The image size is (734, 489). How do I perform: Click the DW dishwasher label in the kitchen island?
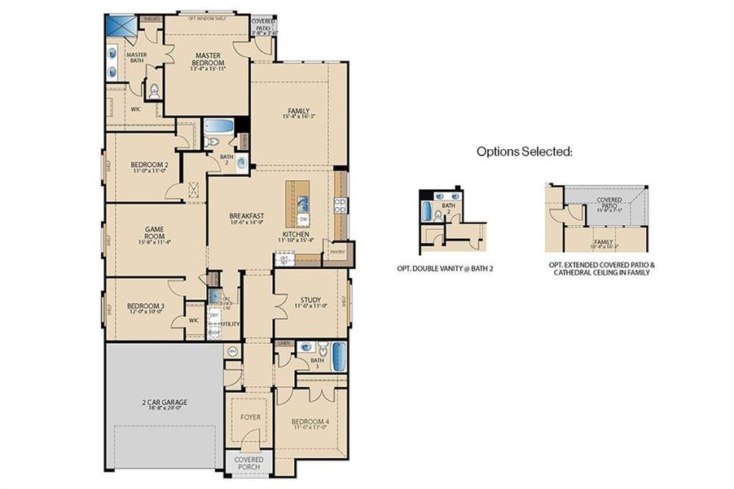[x=303, y=219]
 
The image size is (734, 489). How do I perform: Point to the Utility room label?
[x=230, y=324]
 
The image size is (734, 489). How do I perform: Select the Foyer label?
[x=249, y=416]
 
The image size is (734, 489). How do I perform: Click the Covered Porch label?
[x=249, y=463]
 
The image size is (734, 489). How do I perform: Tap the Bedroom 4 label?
[x=311, y=421]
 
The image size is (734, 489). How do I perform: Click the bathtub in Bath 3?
[x=339, y=355]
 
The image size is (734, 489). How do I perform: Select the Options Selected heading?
[x=525, y=151]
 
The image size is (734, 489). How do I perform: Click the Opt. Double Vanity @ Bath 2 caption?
[x=452, y=267]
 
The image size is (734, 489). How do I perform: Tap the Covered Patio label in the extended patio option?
[x=609, y=201]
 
